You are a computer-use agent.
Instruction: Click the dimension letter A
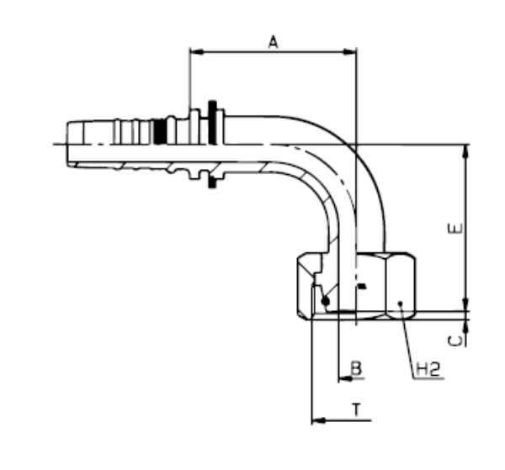click(x=273, y=42)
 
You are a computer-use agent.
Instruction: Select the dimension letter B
click(x=356, y=367)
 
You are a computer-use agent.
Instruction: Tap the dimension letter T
click(x=356, y=409)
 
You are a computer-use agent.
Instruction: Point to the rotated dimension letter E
click(x=455, y=229)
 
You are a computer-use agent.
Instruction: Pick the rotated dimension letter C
click(x=455, y=341)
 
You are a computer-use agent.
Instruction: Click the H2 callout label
click(x=428, y=369)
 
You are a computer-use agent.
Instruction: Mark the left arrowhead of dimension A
click(x=197, y=52)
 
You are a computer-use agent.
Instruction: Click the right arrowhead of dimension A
click(x=350, y=52)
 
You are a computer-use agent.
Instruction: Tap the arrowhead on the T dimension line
click(x=318, y=420)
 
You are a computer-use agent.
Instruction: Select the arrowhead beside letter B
click(x=346, y=378)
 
